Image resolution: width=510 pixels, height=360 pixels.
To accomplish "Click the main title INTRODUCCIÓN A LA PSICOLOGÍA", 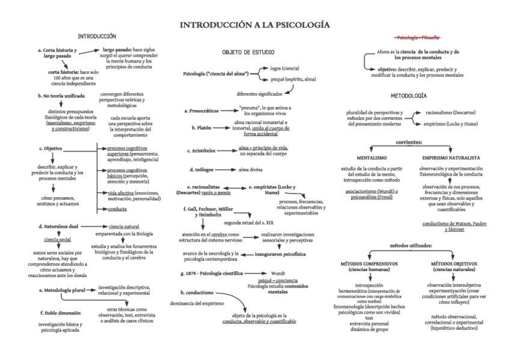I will [255, 25].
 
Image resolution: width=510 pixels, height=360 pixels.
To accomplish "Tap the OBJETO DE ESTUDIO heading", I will [248, 52].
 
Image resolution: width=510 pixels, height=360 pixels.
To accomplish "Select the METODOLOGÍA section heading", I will [409, 96].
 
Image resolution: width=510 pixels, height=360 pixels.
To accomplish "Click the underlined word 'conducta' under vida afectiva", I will [117, 209].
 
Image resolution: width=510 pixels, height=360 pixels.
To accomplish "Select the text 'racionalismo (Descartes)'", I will [450, 112].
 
